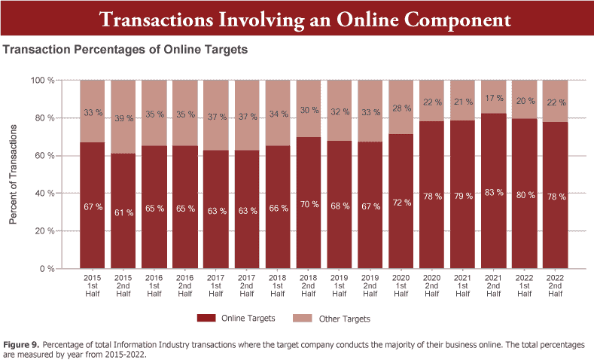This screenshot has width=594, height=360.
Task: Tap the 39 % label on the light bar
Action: (123, 118)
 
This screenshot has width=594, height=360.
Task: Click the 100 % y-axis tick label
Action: (41, 81)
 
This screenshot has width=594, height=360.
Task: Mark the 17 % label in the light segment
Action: (494, 98)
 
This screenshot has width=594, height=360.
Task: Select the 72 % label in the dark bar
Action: (401, 203)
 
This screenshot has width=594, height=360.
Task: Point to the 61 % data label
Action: (123, 213)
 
